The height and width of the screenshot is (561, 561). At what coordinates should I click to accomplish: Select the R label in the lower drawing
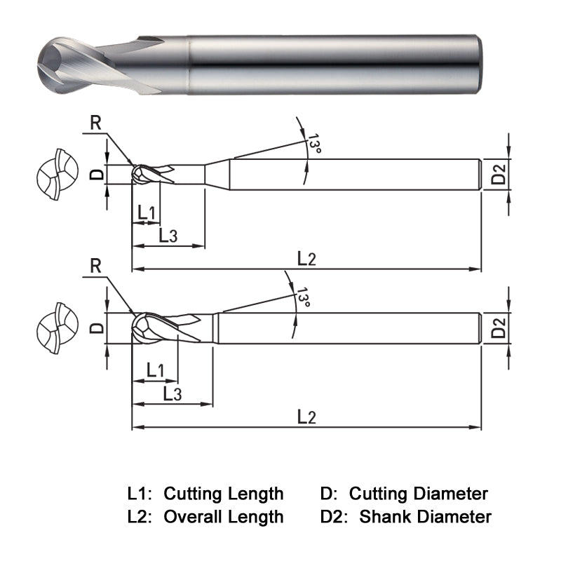(x=97, y=266)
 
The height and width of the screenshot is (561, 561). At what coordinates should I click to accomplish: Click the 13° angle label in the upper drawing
(x=314, y=144)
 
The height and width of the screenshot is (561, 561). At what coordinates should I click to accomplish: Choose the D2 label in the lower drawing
(x=498, y=328)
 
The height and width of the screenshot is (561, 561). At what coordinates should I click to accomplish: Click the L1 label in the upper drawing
(x=147, y=212)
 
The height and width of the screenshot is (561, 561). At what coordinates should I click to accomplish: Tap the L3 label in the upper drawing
(x=168, y=236)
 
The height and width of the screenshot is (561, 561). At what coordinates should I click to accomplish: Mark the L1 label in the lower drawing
(x=155, y=369)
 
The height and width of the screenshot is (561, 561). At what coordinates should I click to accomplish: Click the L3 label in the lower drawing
(x=172, y=393)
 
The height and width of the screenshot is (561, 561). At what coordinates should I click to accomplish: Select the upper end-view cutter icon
(x=54, y=173)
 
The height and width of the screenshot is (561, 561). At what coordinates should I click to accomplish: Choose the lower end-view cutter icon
(x=54, y=328)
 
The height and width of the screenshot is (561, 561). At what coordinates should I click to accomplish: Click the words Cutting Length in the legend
(x=223, y=494)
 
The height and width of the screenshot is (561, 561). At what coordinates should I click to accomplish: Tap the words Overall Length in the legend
(x=223, y=518)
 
